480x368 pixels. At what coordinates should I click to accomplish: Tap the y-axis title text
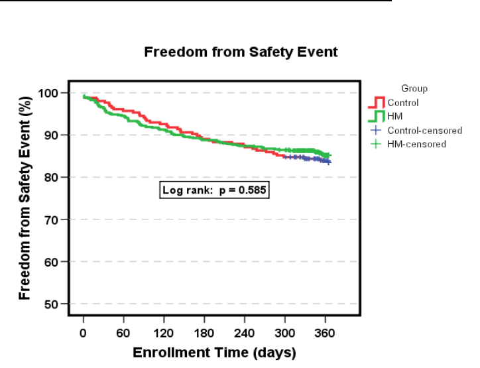(x=25, y=196)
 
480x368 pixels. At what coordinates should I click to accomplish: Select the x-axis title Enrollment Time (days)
(x=214, y=352)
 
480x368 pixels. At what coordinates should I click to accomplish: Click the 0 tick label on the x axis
(x=83, y=333)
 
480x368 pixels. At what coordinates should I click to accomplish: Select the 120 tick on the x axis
(x=164, y=333)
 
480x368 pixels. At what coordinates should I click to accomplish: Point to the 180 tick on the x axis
(x=204, y=333)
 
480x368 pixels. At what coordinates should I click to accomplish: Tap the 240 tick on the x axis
(x=245, y=333)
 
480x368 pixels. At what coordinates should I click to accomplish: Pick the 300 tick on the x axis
(x=285, y=333)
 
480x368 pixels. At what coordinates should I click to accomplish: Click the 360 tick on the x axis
(x=326, y=333)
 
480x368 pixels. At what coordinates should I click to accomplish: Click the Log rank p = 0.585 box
(x=214, y=191)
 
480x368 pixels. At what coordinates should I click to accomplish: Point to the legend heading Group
(x=414, y=88)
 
